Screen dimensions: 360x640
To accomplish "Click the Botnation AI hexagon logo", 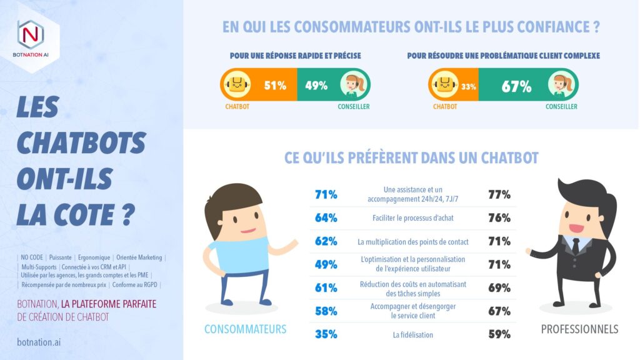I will click(31, 32).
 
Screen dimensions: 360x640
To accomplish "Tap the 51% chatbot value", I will click(275, 86).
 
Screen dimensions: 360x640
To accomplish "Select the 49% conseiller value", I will click(316, 86).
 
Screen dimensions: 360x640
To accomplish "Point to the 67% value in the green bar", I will click(517, 86).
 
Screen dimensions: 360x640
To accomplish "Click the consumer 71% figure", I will click(326, 195).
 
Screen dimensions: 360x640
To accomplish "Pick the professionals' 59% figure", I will click(499, 334).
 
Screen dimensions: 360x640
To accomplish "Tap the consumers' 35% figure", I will click(326, 334).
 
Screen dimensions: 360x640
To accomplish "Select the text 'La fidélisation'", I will click(412, 335).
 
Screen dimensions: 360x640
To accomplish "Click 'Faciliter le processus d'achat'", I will click(412, 218).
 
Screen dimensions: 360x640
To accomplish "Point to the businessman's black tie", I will click(575, 245).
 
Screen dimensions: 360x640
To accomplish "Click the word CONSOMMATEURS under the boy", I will click(246, 329).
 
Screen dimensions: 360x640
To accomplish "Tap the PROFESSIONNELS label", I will click(579, 329).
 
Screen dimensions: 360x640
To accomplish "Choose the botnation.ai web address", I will click(39, 342).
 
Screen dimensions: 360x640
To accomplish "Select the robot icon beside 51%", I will click(237, 85).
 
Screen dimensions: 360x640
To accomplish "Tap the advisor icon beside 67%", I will click(560, 85).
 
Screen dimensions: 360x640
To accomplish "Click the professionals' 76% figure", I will click(499, 218).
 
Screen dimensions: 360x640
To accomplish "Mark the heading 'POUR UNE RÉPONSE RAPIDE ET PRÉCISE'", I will click(295, 56).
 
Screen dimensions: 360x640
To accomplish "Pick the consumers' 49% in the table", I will click(326, 265).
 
